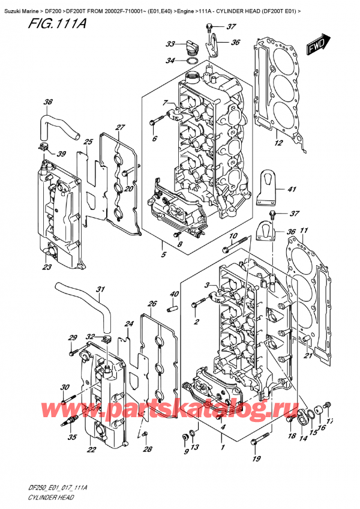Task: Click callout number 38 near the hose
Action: (48, 102)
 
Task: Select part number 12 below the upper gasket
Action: (278, 143)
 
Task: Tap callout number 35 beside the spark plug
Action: (72, 438)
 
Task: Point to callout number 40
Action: (174, 294)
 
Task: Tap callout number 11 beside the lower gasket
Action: (304, 230)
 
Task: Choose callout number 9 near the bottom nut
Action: (185, 451)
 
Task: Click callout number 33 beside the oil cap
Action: (170, 44)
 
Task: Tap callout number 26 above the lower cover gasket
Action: (152, 304)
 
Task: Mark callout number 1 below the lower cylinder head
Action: (223, 447)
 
